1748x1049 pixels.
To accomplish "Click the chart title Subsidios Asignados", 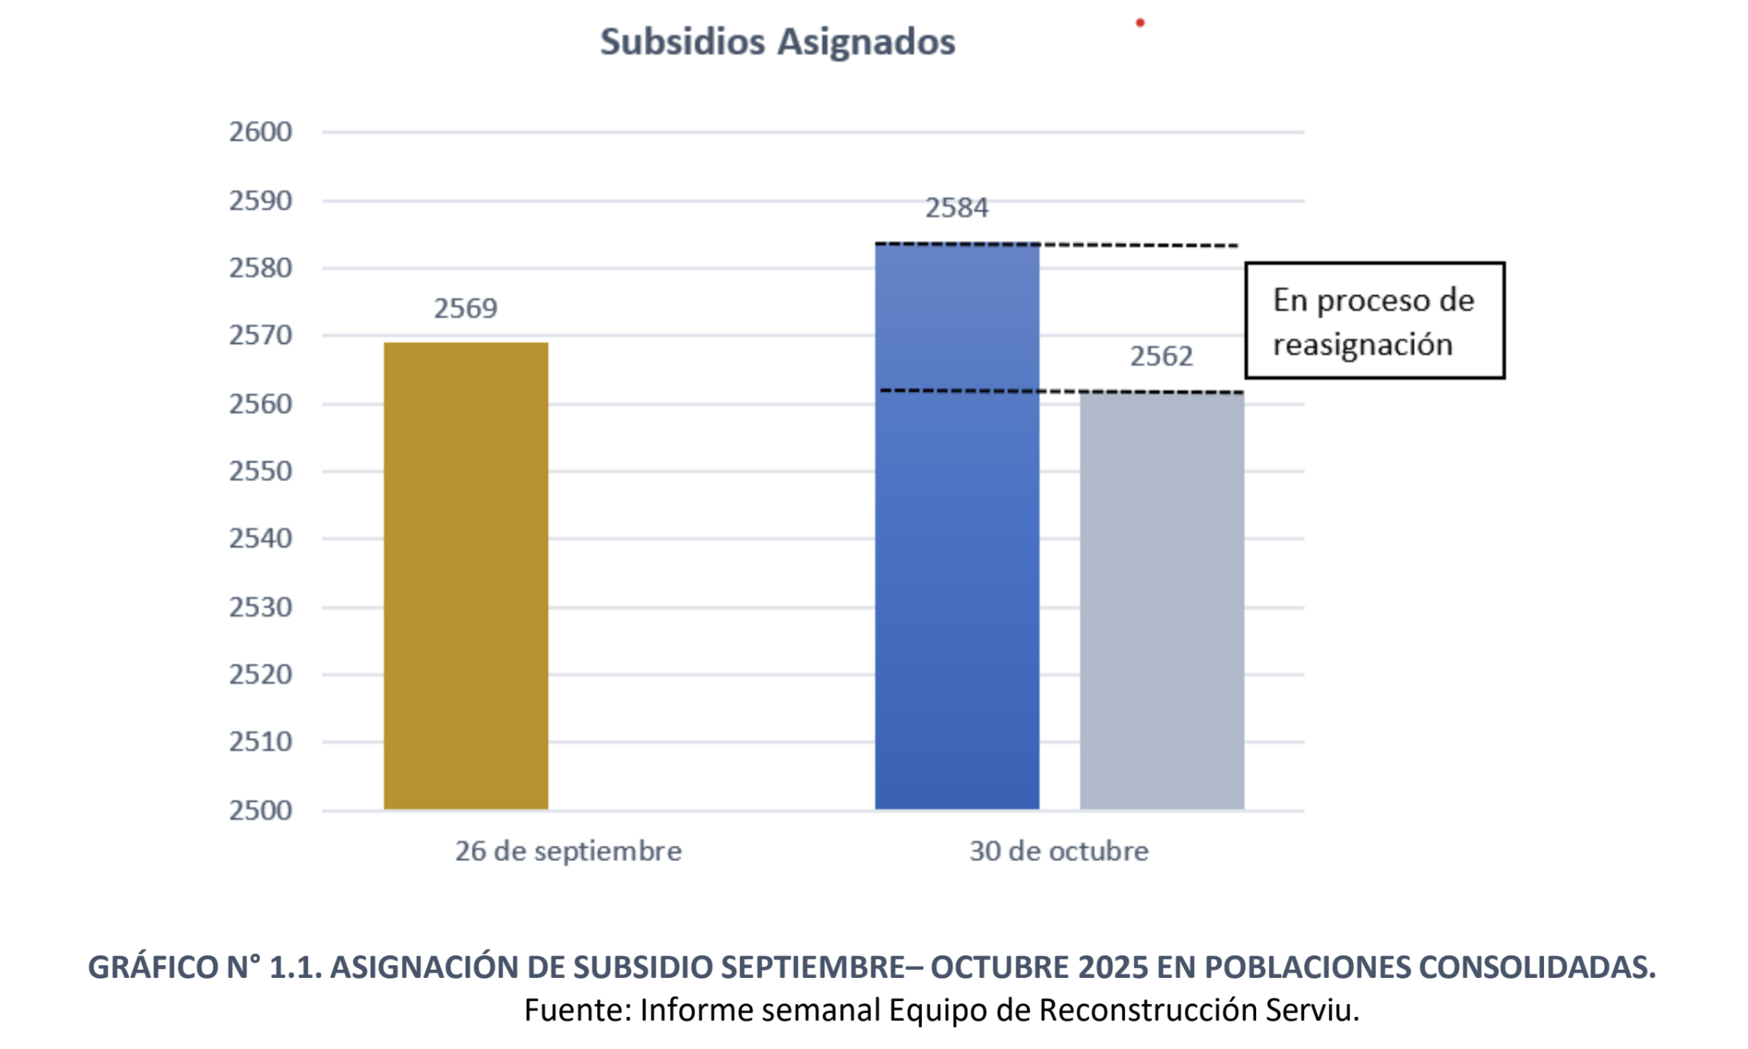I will [x=777, y=42].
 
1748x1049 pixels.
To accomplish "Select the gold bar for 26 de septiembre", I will [x=465, y=576].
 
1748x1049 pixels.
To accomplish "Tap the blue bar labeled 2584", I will [x=956, y=528].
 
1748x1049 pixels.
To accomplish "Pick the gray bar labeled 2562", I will [x=1161, y=600].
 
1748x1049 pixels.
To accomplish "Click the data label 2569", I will [x=465, y=308].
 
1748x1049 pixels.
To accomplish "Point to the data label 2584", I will [x=956, y=208].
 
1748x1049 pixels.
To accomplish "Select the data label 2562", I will [x=1161, y=356].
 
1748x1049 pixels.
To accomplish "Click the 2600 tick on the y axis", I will [x=261, y=132].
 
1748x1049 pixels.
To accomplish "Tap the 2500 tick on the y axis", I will [x=261, y=811].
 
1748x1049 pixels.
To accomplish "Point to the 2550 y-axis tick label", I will [x=261, y=472].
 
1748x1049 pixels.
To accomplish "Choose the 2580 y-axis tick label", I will [x=261, y=268].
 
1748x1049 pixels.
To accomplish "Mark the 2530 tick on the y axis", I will [x=261, y=608].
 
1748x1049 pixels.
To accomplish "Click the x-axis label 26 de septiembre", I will [x=569, y=851].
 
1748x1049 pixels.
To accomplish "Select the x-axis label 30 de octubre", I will [x=1059, y=851].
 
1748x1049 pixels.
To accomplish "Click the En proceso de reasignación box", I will [x=1375, y=321].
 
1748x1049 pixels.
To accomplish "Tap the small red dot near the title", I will [x=1140, y=23].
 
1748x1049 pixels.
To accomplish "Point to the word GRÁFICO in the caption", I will [x=152, y=967].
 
